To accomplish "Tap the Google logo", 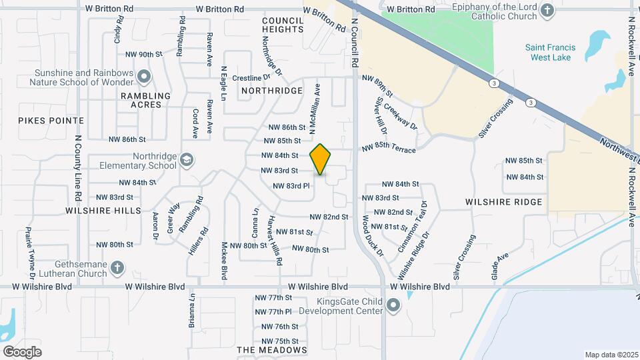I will click(x=22, y=352).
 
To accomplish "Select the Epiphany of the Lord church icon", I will click(x=547, y=10).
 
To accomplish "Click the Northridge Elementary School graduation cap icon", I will click(x=187, y=160).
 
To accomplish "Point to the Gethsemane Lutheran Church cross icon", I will click(x=117, y=267).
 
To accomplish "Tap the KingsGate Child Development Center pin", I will click(x=393, y=306).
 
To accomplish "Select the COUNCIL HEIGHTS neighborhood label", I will click(x=283, y=25).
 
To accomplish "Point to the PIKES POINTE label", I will click(x=51, y=121).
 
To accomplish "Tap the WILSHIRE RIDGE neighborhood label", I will click(x=503, y=201).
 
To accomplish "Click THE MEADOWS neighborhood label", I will click(x=272, y=350).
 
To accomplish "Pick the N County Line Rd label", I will click(x=78, y=169).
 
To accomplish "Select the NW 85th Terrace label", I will click(x=388, y=149).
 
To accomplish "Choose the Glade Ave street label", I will click(x=499, y=265).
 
